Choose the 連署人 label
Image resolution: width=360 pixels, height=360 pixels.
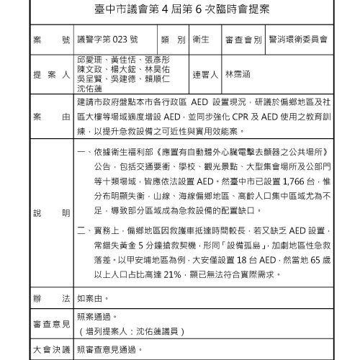(x=206, y=73)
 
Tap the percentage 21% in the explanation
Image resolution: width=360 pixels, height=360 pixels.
(x=177, y=273)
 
